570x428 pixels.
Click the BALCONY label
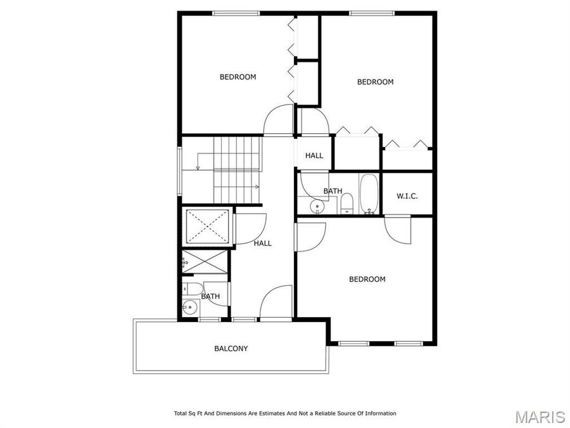[x=231, y=348]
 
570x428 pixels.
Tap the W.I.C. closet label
[x=407, y=196]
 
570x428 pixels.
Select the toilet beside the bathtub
[x=346, y=204]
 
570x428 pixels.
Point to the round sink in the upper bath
[x=317, y=206]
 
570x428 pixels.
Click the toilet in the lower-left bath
[x=189, y=290]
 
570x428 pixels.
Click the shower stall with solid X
[x=205, y=261]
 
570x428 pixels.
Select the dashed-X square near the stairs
[x=207, y=226]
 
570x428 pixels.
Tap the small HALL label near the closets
[x=314, y=155]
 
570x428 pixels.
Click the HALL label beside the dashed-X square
[x=263, y=243]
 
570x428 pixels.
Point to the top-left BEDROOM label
[x=237, y=77]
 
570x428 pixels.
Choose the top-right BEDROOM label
[x=375, y=82]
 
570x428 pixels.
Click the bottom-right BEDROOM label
[x=367, y=279]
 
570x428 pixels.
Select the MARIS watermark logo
[x=540, y=417]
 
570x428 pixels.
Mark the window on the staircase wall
[x=180, y=171]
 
